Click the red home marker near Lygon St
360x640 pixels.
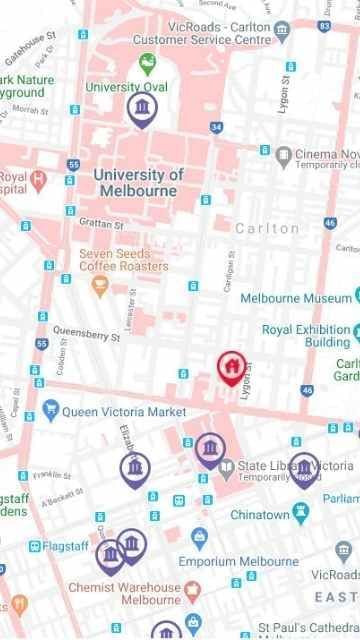(x=231, y=367)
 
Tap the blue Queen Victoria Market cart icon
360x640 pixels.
(x=50, y=411)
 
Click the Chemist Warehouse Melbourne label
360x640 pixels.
(x=124, y=594)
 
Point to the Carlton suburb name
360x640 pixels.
(x=267, y=228)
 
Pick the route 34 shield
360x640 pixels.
(x=216, y=128)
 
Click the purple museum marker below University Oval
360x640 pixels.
(x=141, y=108)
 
